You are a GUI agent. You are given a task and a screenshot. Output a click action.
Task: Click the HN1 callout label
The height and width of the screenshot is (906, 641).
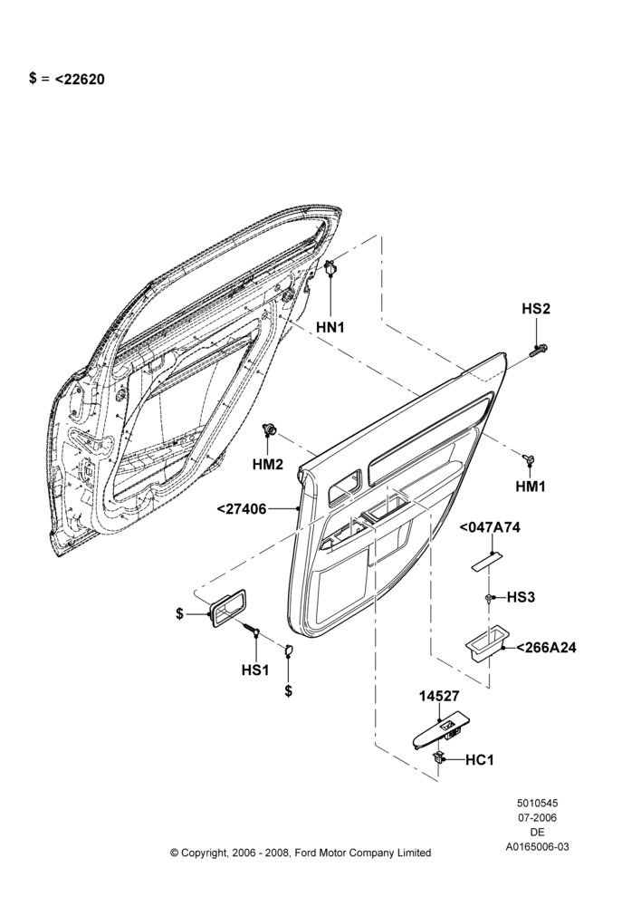[x=330, y=327]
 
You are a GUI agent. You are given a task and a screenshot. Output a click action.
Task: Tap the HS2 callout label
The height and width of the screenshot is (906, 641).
[x=536, y=309]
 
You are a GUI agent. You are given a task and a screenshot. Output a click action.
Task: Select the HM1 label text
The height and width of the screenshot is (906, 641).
[x=531, y=487]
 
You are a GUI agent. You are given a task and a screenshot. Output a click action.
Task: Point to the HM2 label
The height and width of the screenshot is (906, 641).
[x=268, y=463]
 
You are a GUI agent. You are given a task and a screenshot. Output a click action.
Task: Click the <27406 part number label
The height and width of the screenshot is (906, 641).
[x=242, y=509]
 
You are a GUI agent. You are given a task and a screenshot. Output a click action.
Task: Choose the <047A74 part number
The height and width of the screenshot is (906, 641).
[x=490, y=527]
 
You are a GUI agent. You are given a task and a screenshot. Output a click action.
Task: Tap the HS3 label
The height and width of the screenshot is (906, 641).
[x=521, y=597]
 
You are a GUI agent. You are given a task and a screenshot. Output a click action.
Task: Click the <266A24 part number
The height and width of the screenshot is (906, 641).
[x=546, y=648]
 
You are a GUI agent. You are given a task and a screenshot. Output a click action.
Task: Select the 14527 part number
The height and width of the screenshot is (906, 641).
[x=439, y=697]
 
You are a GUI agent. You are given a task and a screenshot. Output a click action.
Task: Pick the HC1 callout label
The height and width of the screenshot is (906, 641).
[x=479, y=760]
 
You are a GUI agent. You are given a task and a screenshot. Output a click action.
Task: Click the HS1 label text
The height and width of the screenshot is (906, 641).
[x=255, y=670]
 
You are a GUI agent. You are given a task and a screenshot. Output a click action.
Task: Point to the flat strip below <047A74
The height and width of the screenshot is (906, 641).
[x=486, y=562]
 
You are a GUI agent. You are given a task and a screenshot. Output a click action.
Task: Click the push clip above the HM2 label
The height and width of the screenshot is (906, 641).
[x=269, y=429]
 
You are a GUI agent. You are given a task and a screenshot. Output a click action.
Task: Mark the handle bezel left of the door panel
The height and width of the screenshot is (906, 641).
[x=228, y=607]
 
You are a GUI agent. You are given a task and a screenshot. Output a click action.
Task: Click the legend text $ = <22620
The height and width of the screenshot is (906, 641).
[x=67, y=79]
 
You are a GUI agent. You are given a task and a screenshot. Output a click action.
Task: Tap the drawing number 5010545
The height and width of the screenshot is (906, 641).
[x=537, y=803]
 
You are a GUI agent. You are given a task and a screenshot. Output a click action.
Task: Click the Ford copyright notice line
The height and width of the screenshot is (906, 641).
[x=301, y=853]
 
